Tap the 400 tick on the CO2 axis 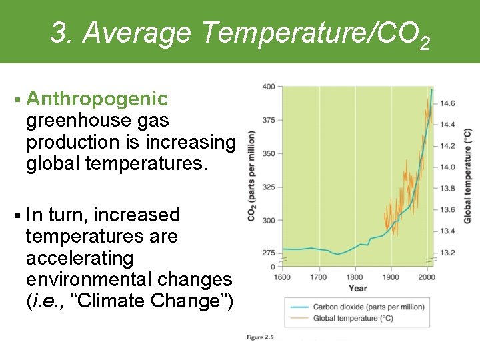tap(269, 87)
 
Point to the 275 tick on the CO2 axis tap(269, 253)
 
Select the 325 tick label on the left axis tap(269, 187)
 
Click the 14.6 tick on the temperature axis tap(447, 103)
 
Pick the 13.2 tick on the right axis tap(447, 253)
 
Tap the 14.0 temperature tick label tap(447, 167)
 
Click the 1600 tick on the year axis tap(282, 277)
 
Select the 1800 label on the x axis tap(355, 277)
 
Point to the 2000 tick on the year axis tap(427, 277)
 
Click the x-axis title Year tap(357, 288)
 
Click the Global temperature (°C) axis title tap(467, 175)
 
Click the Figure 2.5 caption tap(260, 338)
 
